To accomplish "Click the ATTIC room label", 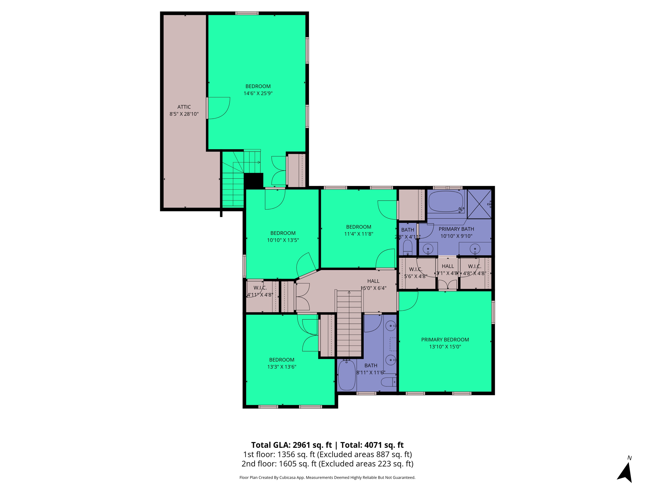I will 184,107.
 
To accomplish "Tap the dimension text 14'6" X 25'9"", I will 258,93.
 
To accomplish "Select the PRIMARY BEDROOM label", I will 445,339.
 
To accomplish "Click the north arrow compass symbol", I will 625,472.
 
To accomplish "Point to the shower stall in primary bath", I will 479,204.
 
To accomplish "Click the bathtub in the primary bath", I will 446,201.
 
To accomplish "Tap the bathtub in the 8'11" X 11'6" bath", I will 347,375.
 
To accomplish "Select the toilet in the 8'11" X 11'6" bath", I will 388,382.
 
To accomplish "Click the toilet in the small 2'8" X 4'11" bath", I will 407,247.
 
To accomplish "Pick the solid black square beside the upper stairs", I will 253,181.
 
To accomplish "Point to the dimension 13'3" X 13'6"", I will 281,367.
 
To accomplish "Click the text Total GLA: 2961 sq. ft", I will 291,445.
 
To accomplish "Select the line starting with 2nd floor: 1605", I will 327,464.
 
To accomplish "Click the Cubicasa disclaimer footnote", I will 327,478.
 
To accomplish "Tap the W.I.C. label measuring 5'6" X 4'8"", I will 415,273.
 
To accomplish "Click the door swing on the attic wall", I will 218,108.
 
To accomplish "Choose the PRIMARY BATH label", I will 456,229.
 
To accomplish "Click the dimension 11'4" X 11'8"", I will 359,234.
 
